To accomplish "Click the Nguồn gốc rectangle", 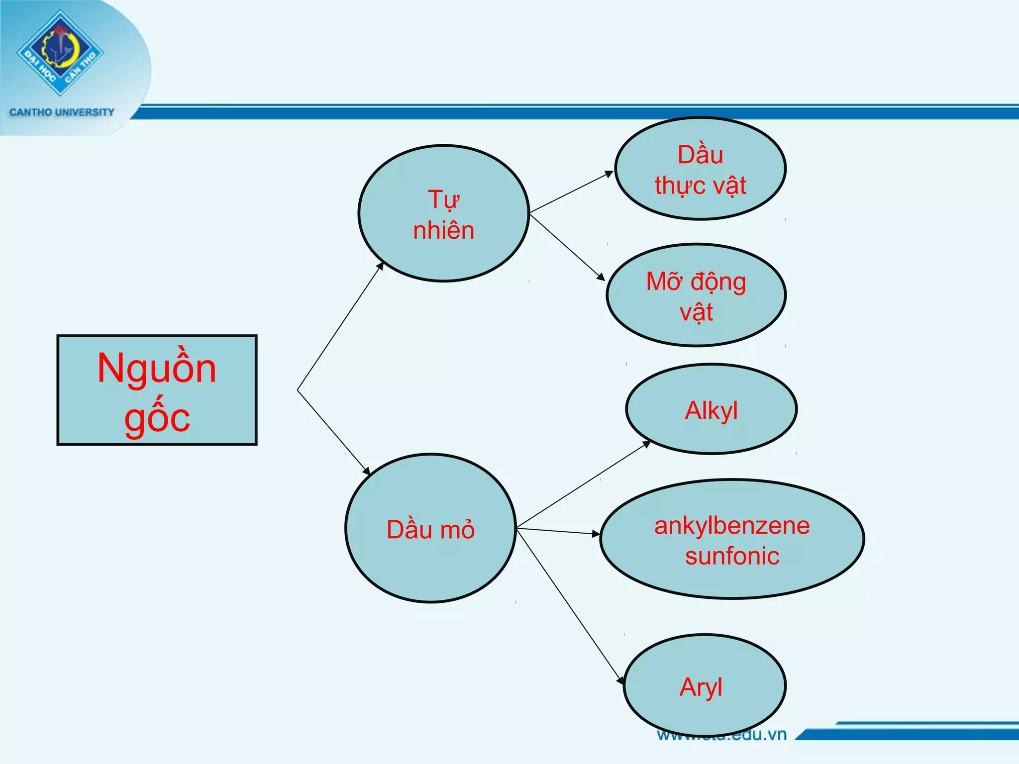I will pyautogui.click(x=157, y=390).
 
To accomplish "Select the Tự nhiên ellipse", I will pyautogui.click(x=443, y=213).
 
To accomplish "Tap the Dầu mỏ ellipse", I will pyautogui.click(x=430, y=528).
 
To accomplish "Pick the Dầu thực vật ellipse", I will pyautogui.click(x=700, y=169).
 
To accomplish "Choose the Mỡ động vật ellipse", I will pyautogui.click(x=696, y=295).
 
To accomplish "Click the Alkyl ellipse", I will pyautogui.click(x=711, y=409).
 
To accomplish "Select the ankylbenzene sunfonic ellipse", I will pyautogui.click(x=732, y=539).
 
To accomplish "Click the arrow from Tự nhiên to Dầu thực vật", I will pyautogui.click(x=571, y=192).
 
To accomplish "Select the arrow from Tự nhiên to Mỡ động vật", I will pyautogui.click(x=567, y=246).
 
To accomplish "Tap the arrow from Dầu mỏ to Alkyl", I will pyautogui.click(x=583, y=485).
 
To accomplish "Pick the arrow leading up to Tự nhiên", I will pyautogui.click(x=340, y=326).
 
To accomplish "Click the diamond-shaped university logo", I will pyautogui.click(x=60, y=52).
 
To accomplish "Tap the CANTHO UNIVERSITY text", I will pyautogui.click(x=62, y=112).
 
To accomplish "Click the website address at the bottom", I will pyautogui.click(x=721, y=735).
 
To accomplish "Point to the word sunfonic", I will pyautogui.click(x=732, y=556).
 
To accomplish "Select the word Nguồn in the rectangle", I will pyautogui.click(x=157, y=369).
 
